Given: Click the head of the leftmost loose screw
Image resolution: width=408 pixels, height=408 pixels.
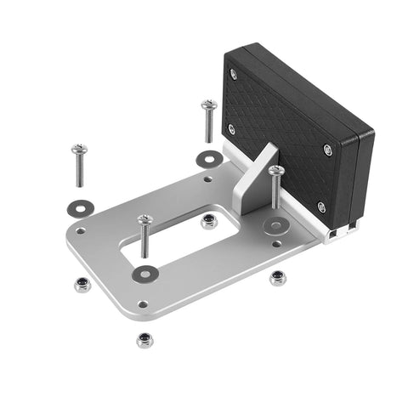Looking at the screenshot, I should (79, 150).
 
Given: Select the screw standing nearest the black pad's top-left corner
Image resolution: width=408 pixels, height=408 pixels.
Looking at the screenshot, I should (208, 106).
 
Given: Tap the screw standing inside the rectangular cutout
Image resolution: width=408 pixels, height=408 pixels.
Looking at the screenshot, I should (145, 221).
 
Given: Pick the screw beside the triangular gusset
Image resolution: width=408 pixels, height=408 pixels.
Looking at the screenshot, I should (275, 173).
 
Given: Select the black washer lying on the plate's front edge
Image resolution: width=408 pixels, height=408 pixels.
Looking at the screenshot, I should (146, 273).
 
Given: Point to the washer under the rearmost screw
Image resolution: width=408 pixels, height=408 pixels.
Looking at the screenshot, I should (209, 158).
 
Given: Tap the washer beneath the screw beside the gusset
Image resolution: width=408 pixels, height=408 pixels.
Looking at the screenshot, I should (275, 225).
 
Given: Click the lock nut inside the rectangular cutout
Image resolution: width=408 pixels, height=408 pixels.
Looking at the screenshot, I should (208, 222).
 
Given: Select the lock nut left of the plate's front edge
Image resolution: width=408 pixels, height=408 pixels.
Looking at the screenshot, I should (82, 284).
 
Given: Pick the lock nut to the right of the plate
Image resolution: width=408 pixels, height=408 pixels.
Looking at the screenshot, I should (276, 278).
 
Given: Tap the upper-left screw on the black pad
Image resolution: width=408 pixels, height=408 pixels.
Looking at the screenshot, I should (234, 74).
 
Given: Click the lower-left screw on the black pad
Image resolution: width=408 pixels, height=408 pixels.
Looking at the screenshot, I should (231, 129).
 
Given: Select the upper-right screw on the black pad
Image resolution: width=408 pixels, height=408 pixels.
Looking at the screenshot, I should (328, 150).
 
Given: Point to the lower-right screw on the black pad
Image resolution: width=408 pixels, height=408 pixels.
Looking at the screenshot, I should (321, 207).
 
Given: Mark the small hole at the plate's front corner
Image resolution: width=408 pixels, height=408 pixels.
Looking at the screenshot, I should (143, 303).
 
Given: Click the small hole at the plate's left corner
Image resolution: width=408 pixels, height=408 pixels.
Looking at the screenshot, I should (80, 229).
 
